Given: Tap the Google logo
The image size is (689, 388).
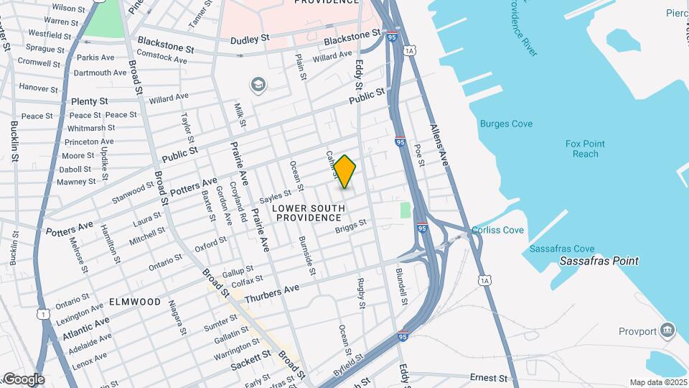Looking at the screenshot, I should tap(23, 379).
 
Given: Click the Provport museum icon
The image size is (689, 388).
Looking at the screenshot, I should tap(668, 331).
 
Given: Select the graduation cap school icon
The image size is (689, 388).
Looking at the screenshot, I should tap(257, 86).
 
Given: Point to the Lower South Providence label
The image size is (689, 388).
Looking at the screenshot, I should tap(309, 213).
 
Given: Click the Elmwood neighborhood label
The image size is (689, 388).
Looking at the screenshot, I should tap(135, 302).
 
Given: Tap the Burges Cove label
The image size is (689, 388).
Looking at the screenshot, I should tap(506, 124).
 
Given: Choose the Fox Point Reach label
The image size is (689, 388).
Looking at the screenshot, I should tap(586, 149).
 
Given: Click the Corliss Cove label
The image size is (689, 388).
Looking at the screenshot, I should tap(497, 231).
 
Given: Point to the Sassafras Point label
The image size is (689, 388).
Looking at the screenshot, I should tap(599, 261).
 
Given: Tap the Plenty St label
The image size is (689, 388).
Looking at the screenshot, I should tap(89, 101).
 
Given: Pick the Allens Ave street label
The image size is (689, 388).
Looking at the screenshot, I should tap(439, 145).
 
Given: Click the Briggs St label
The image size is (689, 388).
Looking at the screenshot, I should tap(351, 226).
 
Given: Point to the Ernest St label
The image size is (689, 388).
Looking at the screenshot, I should tap(488, 377).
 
